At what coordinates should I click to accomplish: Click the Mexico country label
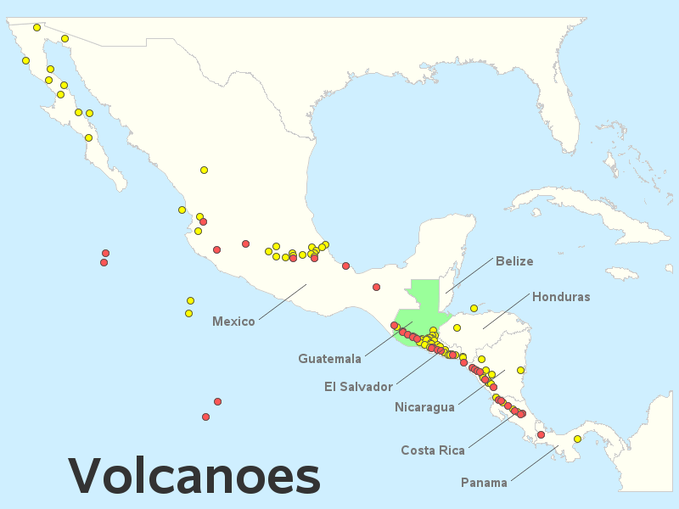pos(233,322)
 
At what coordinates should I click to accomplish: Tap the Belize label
pos(514,261)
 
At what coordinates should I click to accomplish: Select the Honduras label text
pos(560,297)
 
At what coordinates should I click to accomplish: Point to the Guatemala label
pos(329,359)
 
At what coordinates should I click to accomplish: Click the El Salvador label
pos(358,387)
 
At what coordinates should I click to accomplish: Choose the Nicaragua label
pos(424,407)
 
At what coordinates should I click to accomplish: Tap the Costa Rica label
pos(433,450)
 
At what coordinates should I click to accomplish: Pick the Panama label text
pos(484,483)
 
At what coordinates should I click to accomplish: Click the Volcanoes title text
pos(194,475)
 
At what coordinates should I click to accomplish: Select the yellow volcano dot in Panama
pos(577,439)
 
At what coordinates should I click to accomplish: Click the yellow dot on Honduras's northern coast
pos(474,308)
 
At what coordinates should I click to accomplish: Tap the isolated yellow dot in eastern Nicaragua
pos(520,370)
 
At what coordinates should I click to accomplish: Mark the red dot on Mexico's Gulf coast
pos(345,266)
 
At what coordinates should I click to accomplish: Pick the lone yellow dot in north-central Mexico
pos(204,170)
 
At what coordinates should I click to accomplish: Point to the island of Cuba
pos(586,208)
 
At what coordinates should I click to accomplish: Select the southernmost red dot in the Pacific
pos(205,417)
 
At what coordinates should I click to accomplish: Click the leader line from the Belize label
pos(469,277)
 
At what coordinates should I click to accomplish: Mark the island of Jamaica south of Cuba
pos(621,273)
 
